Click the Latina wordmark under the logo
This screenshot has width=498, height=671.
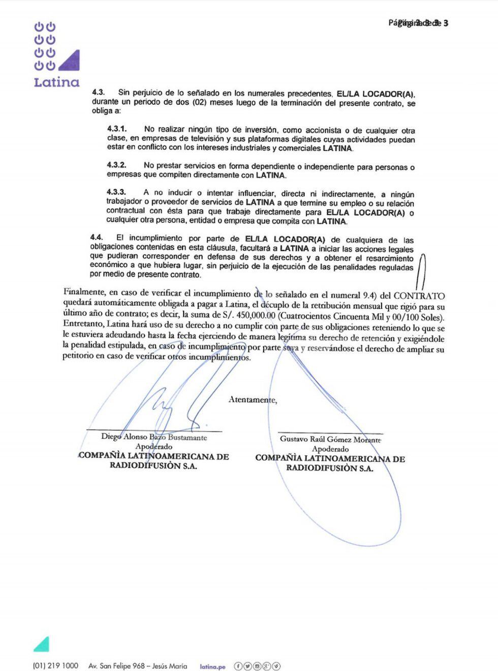tap(56, 82)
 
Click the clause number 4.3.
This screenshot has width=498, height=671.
tap(98, 93)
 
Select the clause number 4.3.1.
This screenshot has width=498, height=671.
tap(116, 129)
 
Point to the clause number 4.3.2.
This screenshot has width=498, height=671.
tap(116, 165)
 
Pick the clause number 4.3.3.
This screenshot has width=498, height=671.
tap(116, 192)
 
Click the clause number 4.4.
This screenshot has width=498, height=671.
tap(97, 237)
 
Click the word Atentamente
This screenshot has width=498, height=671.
tap(253, 400)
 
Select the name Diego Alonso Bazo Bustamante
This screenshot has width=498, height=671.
tap(154, 437)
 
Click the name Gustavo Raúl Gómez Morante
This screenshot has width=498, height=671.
tap(330, 439)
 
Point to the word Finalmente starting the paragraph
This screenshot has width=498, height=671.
tap(84, 292)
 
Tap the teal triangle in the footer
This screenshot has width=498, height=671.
tap(42, 644)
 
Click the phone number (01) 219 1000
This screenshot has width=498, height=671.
tap(55, 666)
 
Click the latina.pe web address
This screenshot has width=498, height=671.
tap(212, 666)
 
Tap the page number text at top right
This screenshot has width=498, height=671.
tap(418, 23)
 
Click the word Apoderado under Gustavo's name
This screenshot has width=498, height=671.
tap(330, 449)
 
